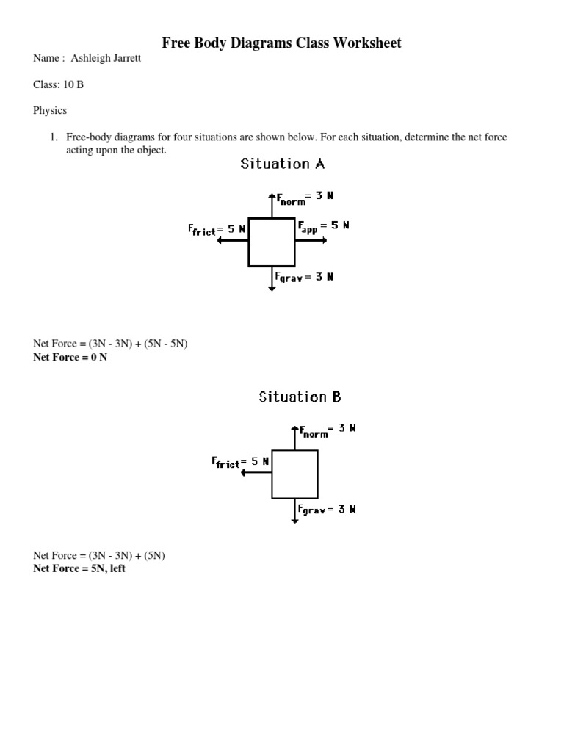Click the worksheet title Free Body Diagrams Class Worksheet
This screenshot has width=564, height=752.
(282, 43)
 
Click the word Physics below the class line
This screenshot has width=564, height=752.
(50, 110)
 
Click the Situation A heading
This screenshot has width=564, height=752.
(283, 164)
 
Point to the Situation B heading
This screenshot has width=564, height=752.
(300, 397)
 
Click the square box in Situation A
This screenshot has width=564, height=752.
(272, 242)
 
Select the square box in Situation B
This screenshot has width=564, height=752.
(294, 474)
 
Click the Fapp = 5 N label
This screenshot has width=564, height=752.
(323, 227)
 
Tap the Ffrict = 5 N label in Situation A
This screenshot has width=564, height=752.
(217, 230)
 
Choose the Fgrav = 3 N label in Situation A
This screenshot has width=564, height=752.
(305, 278)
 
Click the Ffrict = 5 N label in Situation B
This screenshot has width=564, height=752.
(240, 463)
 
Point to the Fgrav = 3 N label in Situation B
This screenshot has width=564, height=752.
(328, 510)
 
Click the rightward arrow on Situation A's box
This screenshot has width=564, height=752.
(311, 242)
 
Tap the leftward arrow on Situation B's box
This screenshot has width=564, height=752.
(256, 474)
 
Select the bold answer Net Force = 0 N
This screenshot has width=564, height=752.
(70, 358)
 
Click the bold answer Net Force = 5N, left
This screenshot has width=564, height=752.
(79, 568)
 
